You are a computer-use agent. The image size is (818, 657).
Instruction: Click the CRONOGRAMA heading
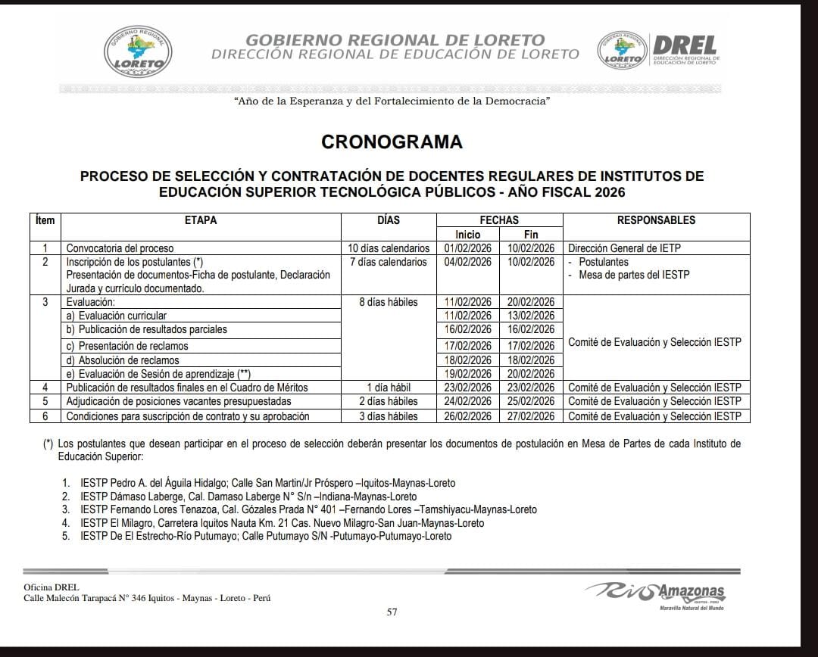point(392,142)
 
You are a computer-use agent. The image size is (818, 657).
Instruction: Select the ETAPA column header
point(201,220)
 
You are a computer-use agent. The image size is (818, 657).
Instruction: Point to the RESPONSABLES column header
point(656,220)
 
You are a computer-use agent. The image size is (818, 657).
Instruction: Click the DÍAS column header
point(388,220)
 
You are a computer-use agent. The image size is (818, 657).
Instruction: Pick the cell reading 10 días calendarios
point(389,248)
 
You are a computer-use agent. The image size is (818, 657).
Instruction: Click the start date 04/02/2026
point(468,262)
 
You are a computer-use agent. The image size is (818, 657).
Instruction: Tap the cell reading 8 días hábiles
point(389,302)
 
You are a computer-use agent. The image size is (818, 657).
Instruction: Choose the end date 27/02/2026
point(531,416)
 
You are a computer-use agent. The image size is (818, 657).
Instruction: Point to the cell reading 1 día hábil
point(389,388)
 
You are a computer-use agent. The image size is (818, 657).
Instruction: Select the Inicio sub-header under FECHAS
point(468,235)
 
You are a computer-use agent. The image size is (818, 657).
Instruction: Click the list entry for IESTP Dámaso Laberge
point(248,497)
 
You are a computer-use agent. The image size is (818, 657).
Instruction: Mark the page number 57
point(392,612)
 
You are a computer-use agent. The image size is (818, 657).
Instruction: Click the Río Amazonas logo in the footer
point(656,593)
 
